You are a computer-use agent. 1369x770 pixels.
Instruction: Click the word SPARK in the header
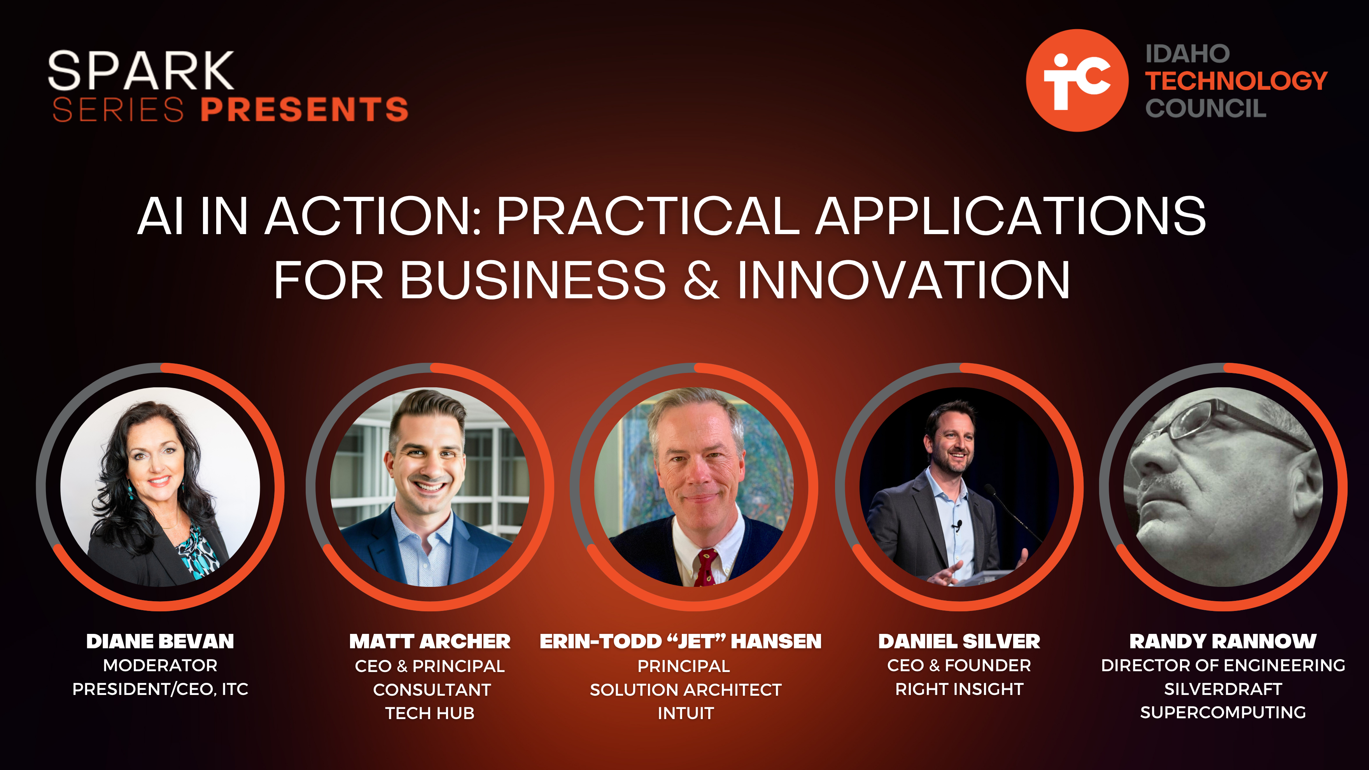pyautogui.click(x=141, y=71)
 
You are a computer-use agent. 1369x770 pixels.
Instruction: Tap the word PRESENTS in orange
pyautogui.click(x=305, y=109)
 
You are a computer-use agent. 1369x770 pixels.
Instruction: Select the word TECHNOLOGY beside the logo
pyautogui.click(x=1236, y=81)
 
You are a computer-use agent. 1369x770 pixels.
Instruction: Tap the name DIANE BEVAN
pyautogui.click(x=160, y=641)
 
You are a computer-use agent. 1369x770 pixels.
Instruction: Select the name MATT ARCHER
pyautogui.click(x=429, y=641)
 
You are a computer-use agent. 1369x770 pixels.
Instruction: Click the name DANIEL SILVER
pyautogui.click(x=959, y=641)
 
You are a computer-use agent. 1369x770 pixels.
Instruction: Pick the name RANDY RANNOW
pyautogui.click(x=1223, y=641)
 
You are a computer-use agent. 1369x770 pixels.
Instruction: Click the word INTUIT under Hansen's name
pyautogui.click(x=686, y=713)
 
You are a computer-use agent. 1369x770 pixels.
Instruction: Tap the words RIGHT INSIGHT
pyautogui.click(x=959, y=689)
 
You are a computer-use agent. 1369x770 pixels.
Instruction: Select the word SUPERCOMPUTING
pyautogui.click(x=1223, y=712)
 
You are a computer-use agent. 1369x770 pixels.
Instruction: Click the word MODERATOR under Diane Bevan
pyautogui.click(x=160, y=665)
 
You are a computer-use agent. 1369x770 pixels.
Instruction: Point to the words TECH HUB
pyautogui.click(x=429, y=713)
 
